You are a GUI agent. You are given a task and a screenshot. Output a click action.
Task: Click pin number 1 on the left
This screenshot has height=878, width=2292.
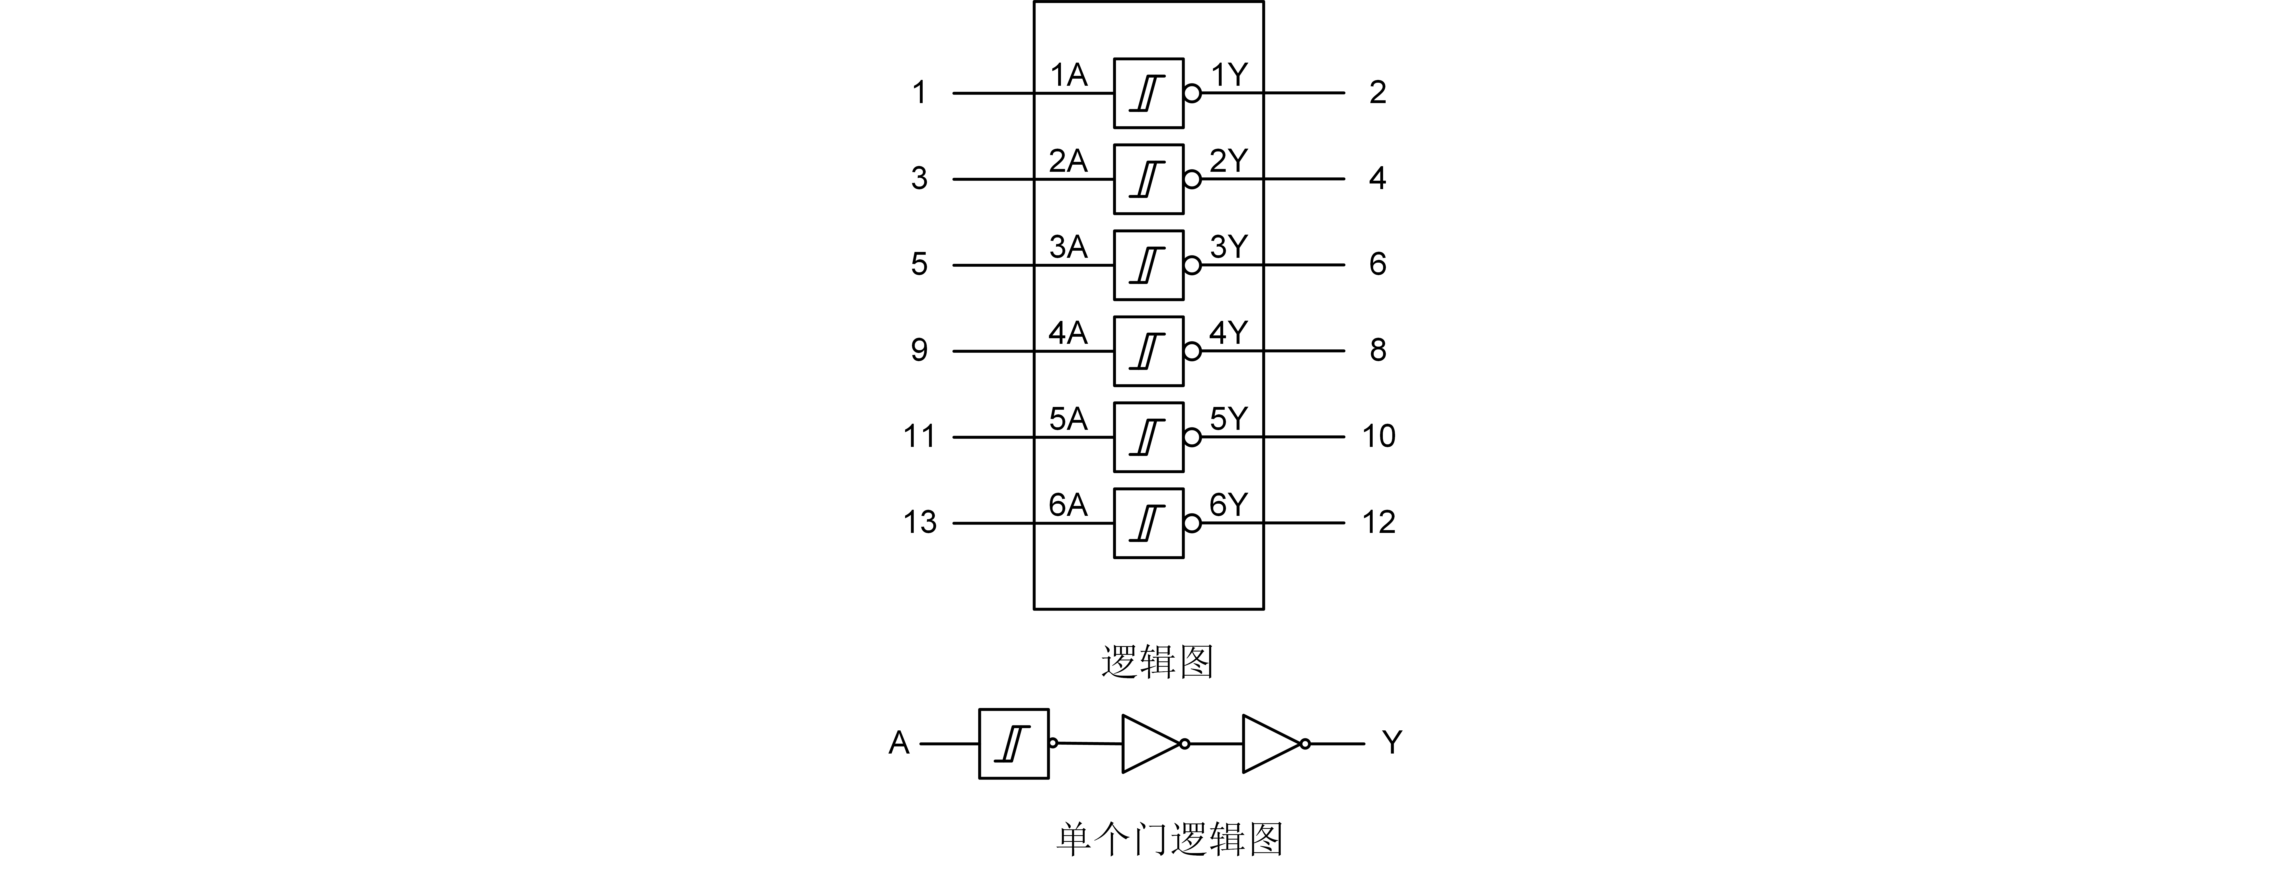point(919,93)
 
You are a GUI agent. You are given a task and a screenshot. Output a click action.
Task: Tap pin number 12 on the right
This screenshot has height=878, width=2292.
point(1378,522)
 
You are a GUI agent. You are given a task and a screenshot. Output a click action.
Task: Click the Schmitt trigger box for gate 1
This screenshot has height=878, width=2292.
point(1148,93)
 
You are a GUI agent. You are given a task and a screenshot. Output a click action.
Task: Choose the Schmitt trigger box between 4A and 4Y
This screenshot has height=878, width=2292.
point(1148,351)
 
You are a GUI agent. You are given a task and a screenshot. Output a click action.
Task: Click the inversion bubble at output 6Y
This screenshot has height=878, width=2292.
point(1192,523)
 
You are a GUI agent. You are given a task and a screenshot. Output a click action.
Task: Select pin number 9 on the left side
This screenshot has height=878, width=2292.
point(919,350)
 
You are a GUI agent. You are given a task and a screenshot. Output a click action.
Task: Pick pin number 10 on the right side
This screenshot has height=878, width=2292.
point(1378,436)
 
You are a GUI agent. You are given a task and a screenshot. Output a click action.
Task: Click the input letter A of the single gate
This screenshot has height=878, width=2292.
point(899,743)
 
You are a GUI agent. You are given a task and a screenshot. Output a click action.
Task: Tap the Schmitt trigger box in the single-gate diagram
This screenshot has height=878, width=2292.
point(1013,744)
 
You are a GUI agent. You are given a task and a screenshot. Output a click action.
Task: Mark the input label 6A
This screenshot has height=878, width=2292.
point(1068,505)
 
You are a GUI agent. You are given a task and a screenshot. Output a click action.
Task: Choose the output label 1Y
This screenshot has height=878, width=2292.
point(1229,75)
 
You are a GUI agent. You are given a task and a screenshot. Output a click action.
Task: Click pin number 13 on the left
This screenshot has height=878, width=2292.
point(919,522)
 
